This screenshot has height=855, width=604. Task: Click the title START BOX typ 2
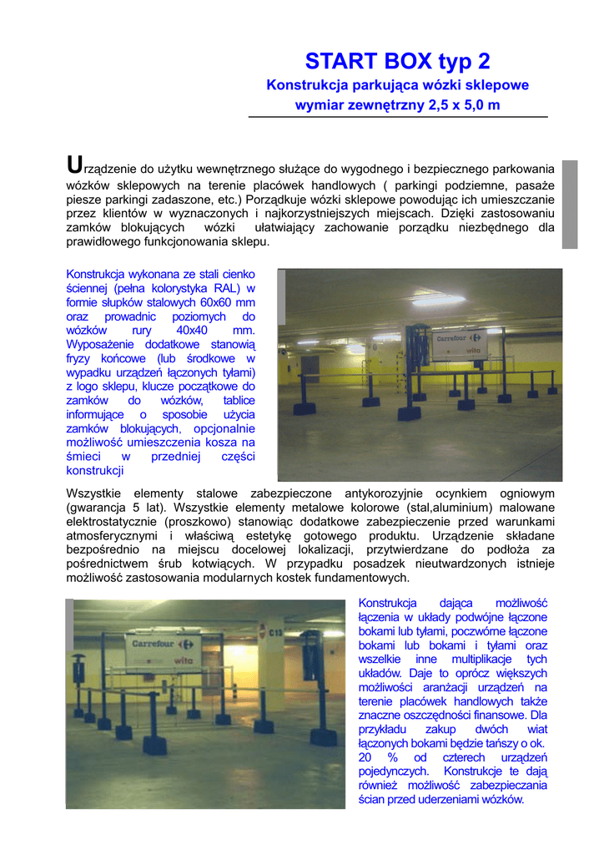click(x=397, y=61)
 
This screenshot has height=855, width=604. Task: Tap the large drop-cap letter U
click(x=74, y=165)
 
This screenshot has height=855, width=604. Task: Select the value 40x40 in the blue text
click(x=191, y=330)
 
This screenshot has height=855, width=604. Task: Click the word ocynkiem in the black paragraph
click(x=458, y=493)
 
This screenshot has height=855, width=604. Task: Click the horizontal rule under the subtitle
click(x=398, y=117)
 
